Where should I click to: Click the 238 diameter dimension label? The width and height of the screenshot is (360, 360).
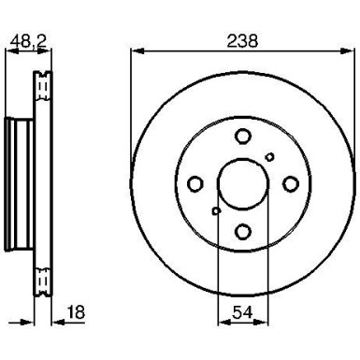pyautogui.click(x=241, y=41)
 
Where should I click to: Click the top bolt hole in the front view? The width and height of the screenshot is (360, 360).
pyautogui.click(x=241, y=137)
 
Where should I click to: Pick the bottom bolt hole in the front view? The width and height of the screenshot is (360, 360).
pyautogui.click(x=241, y=232)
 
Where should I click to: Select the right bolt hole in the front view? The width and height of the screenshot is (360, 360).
pyautogui.click(x=289, y=184)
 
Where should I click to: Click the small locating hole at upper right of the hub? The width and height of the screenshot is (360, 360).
pyautogui.click(x=269, y=157)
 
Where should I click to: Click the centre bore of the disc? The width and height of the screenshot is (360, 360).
pyautogui.click(x=241, y=184)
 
